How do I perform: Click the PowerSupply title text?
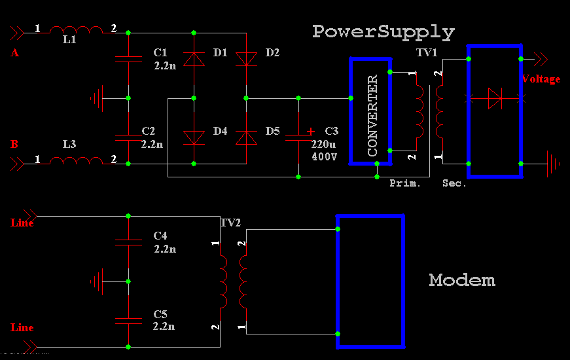coord(383,31)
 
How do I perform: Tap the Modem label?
coord(462,281)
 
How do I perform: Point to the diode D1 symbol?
coord(194,60)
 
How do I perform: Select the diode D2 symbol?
coord(246,60)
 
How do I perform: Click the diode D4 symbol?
coord(194,137)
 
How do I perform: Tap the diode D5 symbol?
coord(246,137)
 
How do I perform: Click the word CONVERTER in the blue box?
coord(372,116)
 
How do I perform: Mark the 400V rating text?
coord(324,157)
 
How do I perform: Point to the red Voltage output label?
coord(541,79)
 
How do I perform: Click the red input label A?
coord(14,54)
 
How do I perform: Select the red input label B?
coord(14,143)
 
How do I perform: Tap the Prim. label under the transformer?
coord(405,183)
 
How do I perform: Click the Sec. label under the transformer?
coord(454,183)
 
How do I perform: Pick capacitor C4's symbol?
coord(128,242)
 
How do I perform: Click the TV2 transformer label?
coord(230,223)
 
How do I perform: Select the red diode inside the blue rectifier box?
coord(495,99)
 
